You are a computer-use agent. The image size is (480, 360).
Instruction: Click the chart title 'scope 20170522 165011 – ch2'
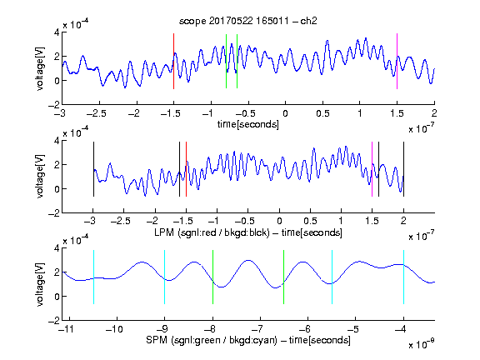pyautogui.click(x=247, y=21)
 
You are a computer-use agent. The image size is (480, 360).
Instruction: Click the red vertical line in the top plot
pyautogui.click(x=173, y=61)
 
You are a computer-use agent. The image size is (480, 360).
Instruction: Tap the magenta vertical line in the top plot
pyautogui.click(x=397, y=61)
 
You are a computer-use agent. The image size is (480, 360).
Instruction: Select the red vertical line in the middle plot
pyautogui.click(x=186, y=169)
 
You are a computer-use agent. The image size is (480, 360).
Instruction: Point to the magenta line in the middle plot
pyautogui.click(x=372, y=169)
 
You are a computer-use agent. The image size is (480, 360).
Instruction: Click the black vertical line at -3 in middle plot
pyautogui.click(x=93, y=169)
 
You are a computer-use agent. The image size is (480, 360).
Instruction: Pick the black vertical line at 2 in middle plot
pyautogui.click(x=403, y=169)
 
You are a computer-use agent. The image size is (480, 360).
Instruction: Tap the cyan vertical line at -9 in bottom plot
pyautogui.click(x=165, y=277)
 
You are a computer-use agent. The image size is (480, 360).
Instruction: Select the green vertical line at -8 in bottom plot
pyautogui.click(x=212, y=277)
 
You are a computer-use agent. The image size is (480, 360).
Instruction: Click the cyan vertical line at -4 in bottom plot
pyautogui.click(x=403, y=277)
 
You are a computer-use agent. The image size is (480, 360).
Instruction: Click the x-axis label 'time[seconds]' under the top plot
pyautogui.click(x=248, y=124)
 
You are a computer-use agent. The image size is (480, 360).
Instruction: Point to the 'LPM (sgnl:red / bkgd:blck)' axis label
pyautogui.click(x=212, y=232)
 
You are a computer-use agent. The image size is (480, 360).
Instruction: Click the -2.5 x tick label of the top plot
pyautogui.click(x=96, y=113)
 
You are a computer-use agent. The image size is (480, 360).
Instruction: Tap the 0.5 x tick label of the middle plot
pyautogui.click(x=310, y=221)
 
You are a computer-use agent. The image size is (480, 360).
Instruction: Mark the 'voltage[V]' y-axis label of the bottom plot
pyautogui.click(x=40, y=284)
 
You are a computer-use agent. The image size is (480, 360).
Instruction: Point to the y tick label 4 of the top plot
pyautogui.click(x=57, y=32)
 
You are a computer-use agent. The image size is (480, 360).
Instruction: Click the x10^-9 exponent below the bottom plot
pyautogui.click(x=422, y=344)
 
